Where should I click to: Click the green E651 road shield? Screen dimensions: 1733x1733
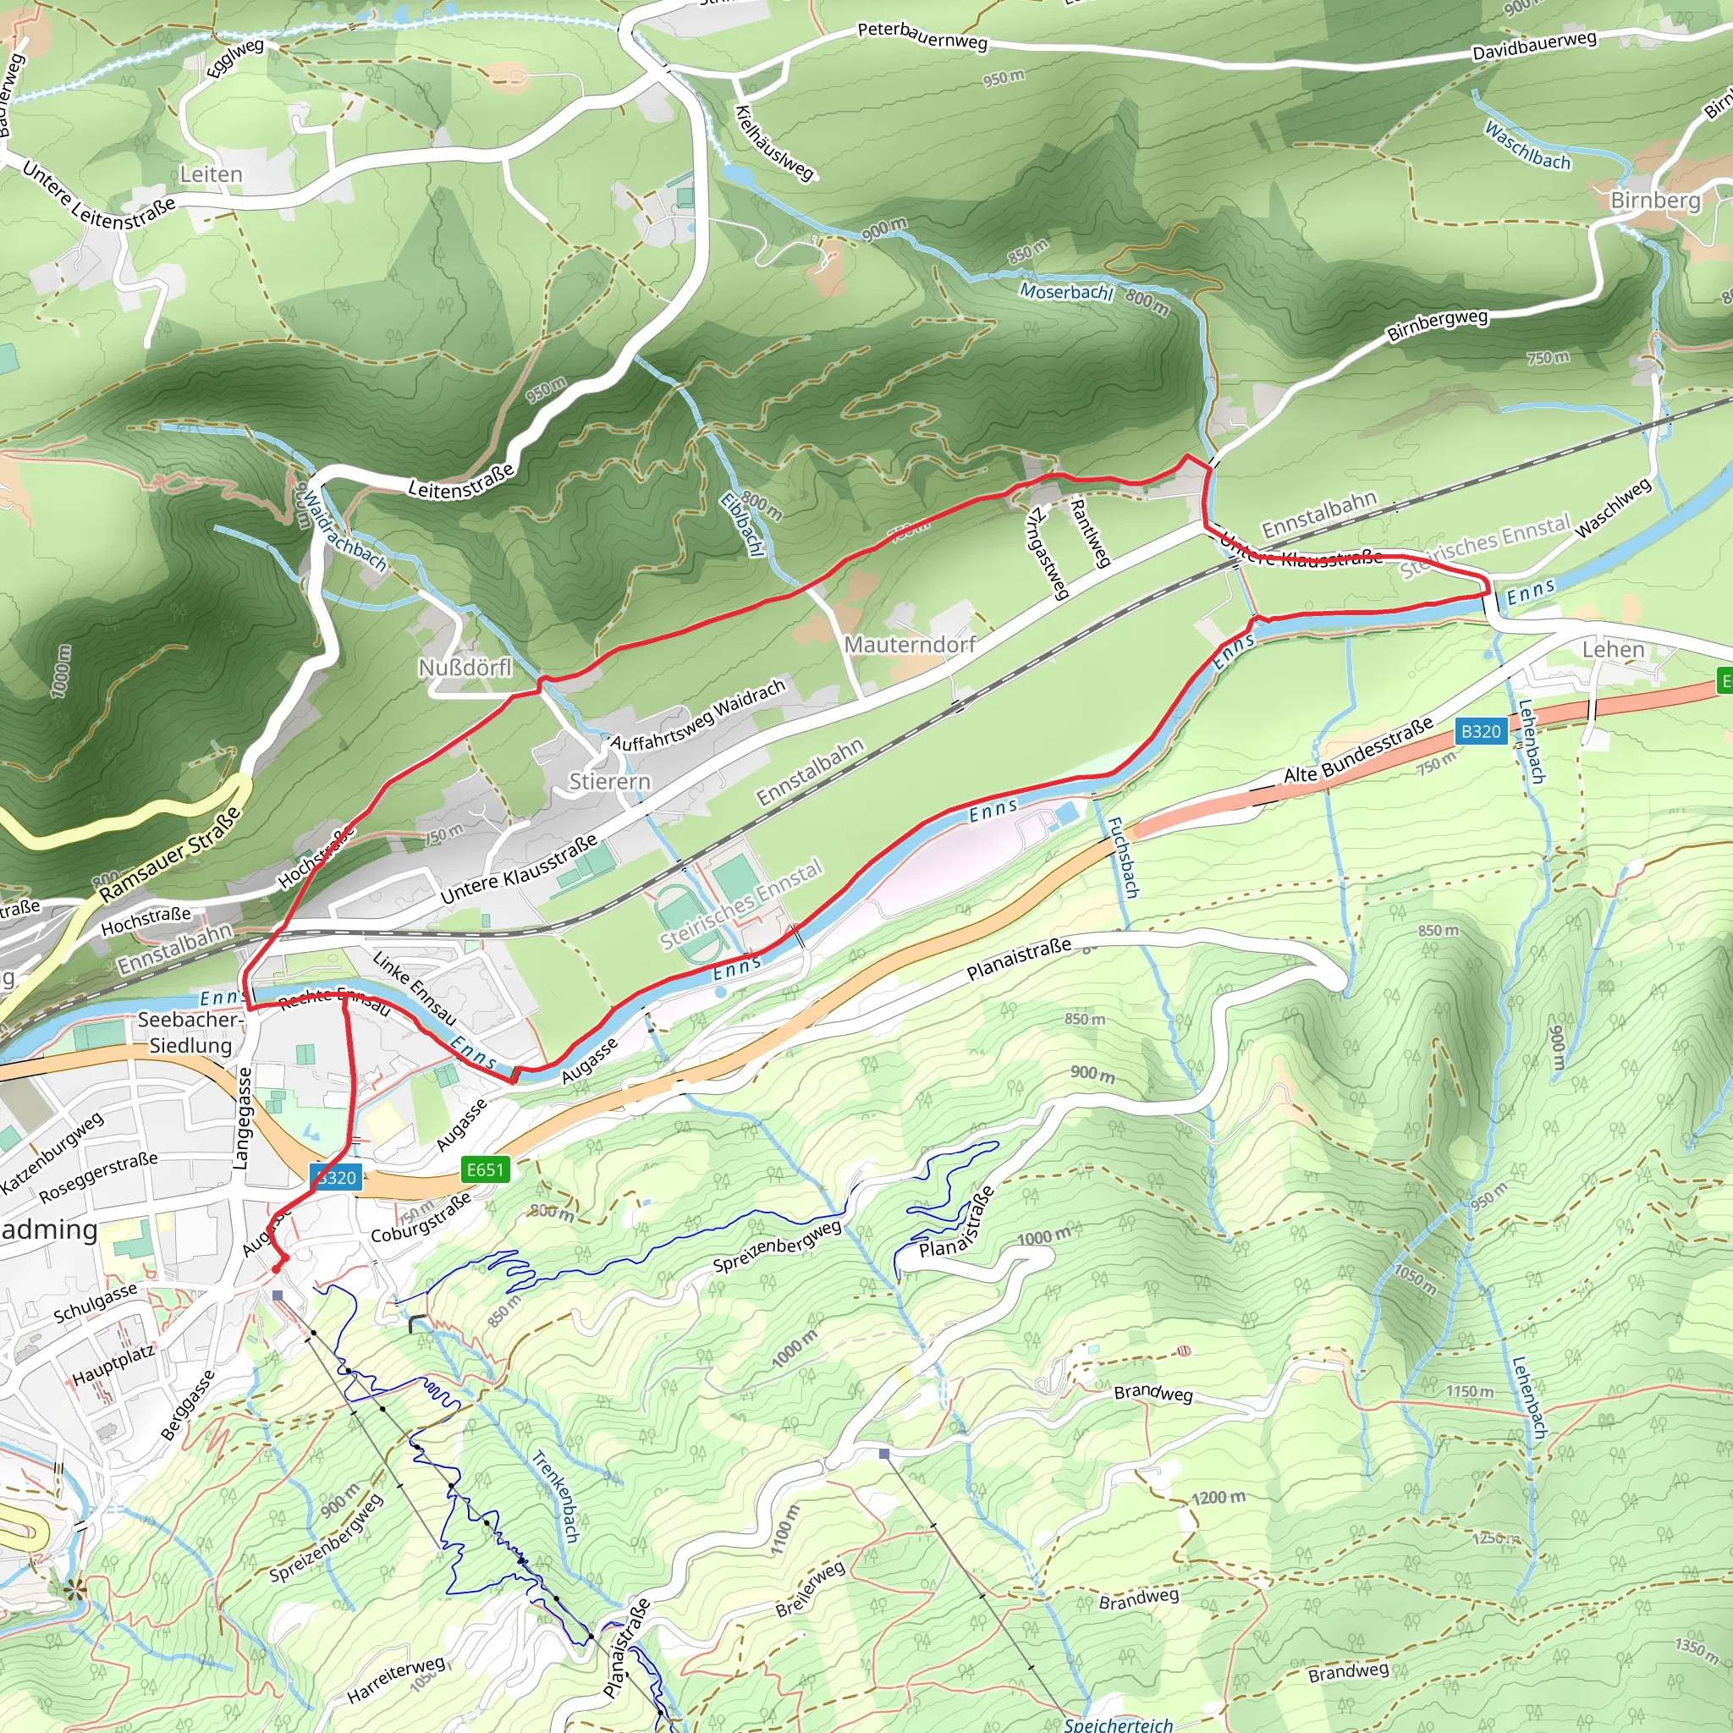pyautogui.click(x=485, y=1169)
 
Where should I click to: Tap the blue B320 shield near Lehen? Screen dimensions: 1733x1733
pyautogui.click(x=1480, y=732)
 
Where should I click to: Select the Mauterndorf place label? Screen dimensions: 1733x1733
pyautogui.click(x=910, y=645)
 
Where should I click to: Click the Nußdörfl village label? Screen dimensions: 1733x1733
pyautogui.click(x=465, y=668)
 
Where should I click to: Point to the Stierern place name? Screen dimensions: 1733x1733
pyautogui.click(x=609, y=781)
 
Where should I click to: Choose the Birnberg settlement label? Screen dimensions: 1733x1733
pyautogui.click(x=1655, y=200)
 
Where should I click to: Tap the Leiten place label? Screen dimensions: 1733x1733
pyautogui.click(x=211, y=174)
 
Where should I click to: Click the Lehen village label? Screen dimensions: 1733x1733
pyautogui.click(x=1613, y=649)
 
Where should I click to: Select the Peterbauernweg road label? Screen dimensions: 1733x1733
pyautogui.click(x=922, y=36)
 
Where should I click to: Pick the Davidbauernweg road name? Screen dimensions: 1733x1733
pyautogui.click(x=1535, y=45)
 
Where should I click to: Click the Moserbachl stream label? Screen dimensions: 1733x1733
pyautogui.click(x=1065, y=292)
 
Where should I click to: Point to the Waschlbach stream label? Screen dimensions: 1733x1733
pyautogui.click(x=1527, y=146)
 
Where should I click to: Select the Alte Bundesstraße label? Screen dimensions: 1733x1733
pyautogui.click(x=1358, y=751)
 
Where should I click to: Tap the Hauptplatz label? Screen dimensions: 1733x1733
pyautogui.click(x=114, y=1363)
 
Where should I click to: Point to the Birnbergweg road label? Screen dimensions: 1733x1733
pyautogui.click(x=1437, y=325)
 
